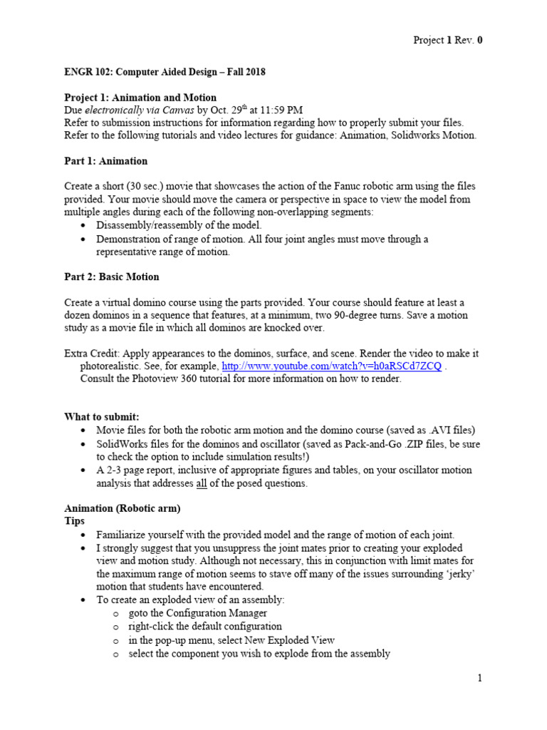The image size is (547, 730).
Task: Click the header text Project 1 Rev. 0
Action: (448, 40)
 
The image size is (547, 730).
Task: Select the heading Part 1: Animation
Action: (106, 161)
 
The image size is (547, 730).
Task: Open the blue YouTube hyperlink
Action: (331, 366)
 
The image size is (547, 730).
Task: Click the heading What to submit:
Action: (102, 417)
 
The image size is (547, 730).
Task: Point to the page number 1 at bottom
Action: (480, 679)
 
